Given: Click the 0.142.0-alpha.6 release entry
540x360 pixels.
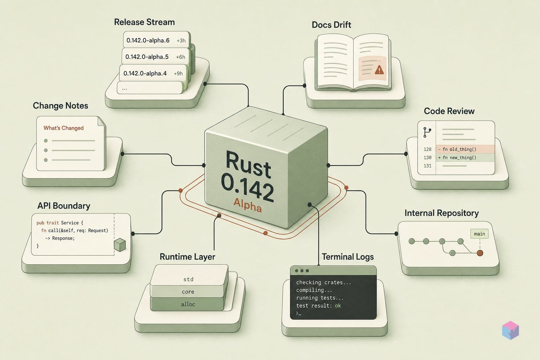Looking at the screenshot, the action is pyautogui.click(x=156, y=40).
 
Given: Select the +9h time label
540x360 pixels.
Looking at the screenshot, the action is pyautogui.click(x=178, y=73).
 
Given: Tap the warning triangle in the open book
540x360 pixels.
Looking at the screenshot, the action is pyautogui.click(x=379, y=70).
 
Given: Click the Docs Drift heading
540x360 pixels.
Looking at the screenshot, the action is pyautogui.click(x=331, y=25).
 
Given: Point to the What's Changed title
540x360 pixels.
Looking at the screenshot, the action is pyautogui.click(x=63, y=128).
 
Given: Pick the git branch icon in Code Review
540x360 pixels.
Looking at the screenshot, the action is pyautogui.click(x=427, y=133).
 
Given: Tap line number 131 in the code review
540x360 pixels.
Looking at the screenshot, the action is pyautogui.click(x=427, y=166).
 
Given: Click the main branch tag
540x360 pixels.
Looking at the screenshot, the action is pyautogui.click(x=479, y=234).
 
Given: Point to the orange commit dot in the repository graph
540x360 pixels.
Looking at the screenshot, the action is pyautogui.click(x=480, y=253).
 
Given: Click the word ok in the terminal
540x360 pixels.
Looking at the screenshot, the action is pyautogui.click(x=338, y=306).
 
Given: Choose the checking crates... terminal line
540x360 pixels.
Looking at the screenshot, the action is pyautogui.click(x=323, y=282).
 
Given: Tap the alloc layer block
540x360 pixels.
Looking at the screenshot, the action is pyautogui.click(x=187, y=304).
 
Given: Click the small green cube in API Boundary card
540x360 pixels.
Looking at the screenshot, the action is pyautogui.click(x=120, y=245).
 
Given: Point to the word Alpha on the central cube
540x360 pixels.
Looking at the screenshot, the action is pyautogui.click(x=247, y=205).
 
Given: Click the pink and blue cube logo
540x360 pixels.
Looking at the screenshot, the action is pyautogui.click(x=510, y=330).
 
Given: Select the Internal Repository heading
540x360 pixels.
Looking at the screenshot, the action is pyautogui.click(x=442, y=213).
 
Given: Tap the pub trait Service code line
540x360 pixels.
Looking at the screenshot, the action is pyautogui.click(x=60, y=223).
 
